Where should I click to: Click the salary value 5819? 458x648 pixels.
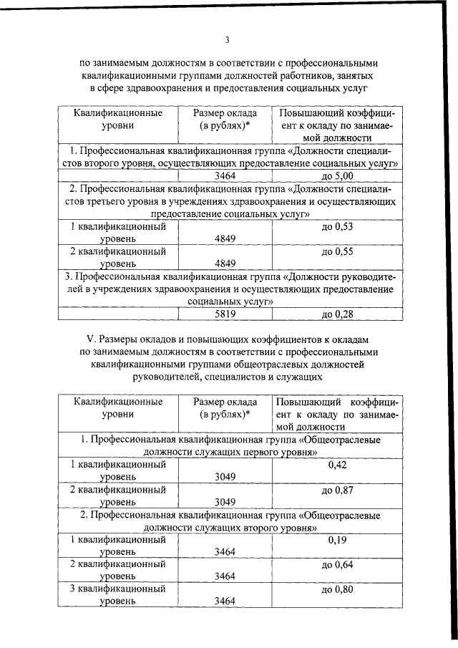pyautogui.click(x=225, y=314)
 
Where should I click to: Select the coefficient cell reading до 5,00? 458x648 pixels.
pyautogui.click(x=338, y=175)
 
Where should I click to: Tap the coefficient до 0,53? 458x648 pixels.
pyautogui.click(x=338, y=226)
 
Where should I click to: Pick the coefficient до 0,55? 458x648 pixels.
pyautogui.click(x=338, y=252)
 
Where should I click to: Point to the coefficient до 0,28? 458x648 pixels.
pyautogui.click(x=338, y=314)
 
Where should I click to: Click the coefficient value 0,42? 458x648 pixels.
pyautogui.click(x=337, y=465)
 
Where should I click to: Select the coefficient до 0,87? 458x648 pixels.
pyautogui.click(x=338, y=490)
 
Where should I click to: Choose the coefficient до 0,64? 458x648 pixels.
pyautogui.click(x=338, y=566)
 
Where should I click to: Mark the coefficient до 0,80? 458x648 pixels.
pyautogui.click(x=338, y=590)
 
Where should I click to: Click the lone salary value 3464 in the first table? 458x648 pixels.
pyautogui.click(x=225, y=175)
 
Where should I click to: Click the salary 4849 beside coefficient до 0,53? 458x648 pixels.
pyautogui.click(x=225, y=238)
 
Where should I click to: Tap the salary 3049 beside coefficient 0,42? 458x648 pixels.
pyautogui.click(x=225, y=476)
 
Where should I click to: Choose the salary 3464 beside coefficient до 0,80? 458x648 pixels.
pyautogui.click(x=225, y=602)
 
